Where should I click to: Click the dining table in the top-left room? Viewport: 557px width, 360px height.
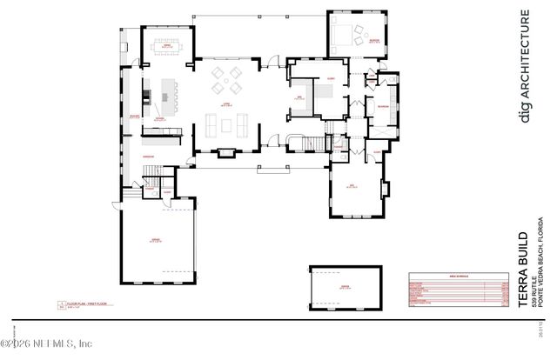163,46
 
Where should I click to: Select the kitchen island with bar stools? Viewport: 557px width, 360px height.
164,90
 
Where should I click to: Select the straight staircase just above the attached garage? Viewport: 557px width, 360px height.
153,183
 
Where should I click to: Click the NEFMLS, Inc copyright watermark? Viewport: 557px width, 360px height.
52,343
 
